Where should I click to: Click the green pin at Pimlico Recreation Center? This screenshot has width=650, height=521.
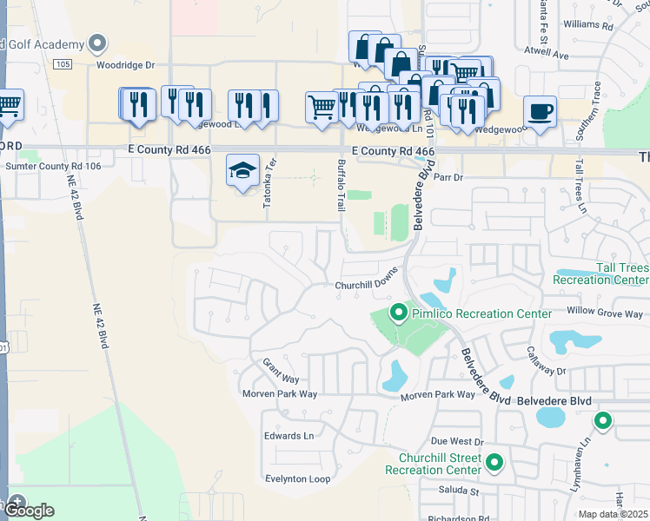click(x=399, y=311)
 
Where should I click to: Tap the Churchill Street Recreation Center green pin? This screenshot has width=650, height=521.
click(x=494, y=462)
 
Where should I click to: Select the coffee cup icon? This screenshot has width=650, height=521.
click(x=540, y=111)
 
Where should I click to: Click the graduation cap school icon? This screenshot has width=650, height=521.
click(x=242, y=169)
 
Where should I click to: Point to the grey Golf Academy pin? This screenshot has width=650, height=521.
click(x=97, y=43)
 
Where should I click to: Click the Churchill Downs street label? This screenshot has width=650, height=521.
click(x=366, y=286)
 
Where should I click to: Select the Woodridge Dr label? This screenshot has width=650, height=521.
click(x=125, y=65)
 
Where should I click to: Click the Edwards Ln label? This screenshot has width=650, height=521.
click(x=289, y=436)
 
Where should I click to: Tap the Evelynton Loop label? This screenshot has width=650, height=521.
click(x=298, y=478)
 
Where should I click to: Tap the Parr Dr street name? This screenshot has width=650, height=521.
click(x=448, y=177)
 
